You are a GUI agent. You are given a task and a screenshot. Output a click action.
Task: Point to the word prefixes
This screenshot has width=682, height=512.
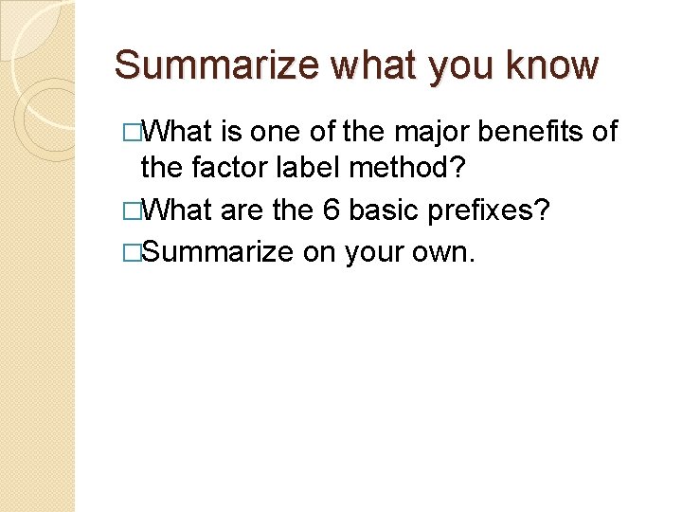pyautogui.click(x=494, y=209)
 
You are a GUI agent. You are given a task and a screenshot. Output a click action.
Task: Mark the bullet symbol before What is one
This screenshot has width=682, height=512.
pyautogui.click(x=132, y=131)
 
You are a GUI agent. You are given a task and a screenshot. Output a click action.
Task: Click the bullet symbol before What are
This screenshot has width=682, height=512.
pyautogui.click(x=132, y=209)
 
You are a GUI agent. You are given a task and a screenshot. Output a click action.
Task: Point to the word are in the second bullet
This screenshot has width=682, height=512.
pyautogui.click(x=241, y=209)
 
